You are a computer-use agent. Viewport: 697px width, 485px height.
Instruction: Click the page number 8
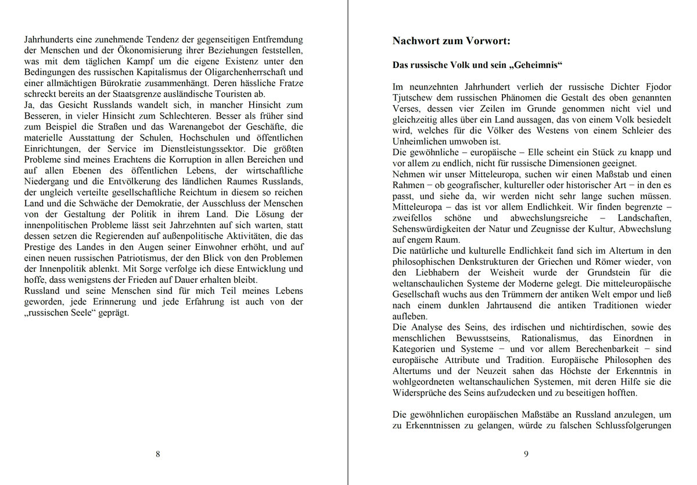tap(158, 454)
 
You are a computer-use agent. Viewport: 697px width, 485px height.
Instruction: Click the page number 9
tap(526, 454)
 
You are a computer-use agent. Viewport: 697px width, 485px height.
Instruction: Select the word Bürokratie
tap(123, 83)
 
